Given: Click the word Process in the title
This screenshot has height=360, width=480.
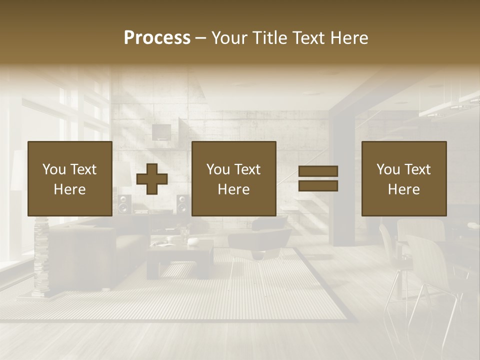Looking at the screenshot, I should (x=157, y=38).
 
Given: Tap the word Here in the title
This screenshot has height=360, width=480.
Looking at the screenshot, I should (x=348, y=38).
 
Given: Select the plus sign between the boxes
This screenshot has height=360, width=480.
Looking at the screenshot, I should (x=152, y=178).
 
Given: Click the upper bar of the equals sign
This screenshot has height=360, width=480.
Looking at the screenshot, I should (x=318, y=171).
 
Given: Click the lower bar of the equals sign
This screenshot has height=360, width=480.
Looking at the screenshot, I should (x=318, y=185).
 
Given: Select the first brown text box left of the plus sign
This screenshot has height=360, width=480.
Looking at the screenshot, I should (x=70, y=178).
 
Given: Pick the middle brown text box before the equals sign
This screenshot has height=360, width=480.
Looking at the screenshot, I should (x=234, y=178).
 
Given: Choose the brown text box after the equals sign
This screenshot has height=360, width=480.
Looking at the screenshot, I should (x=404, y=178).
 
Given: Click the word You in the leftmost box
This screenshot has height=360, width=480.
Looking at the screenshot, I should (x=54, y=169).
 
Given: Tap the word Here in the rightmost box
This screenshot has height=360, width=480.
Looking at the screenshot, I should (x=404, y=189).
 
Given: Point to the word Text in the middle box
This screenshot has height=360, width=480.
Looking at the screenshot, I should (x=247, y=169).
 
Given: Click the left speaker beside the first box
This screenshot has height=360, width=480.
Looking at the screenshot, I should (x=123, y=204).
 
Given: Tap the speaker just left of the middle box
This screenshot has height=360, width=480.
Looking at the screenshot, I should (x=182, y=204).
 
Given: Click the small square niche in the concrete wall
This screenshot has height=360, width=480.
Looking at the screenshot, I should (x=161, y=132).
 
